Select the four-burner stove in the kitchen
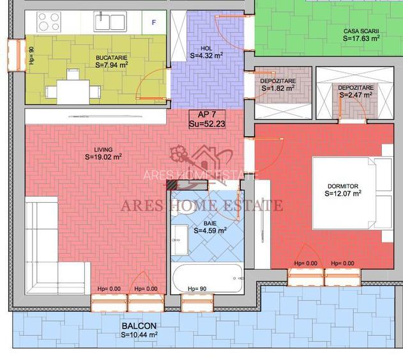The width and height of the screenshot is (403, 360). (x=49, y=23)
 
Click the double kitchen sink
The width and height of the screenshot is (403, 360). (x=110, y=22)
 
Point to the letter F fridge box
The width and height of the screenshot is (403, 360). (x=153, y=22)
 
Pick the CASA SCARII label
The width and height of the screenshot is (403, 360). (x=361, y=30)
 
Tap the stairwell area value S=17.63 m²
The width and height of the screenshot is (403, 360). (x=361, y=38)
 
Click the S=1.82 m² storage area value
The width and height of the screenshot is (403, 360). (x=278, y=88)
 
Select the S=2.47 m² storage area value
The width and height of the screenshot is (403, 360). (x=356, y=95)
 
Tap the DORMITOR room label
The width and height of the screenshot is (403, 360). (x=343, y=186)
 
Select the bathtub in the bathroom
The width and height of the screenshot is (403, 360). (x=207, y=278)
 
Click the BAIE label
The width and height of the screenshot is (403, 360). (x=209, y=223)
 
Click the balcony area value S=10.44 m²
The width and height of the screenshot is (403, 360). (x=139, y=334)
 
